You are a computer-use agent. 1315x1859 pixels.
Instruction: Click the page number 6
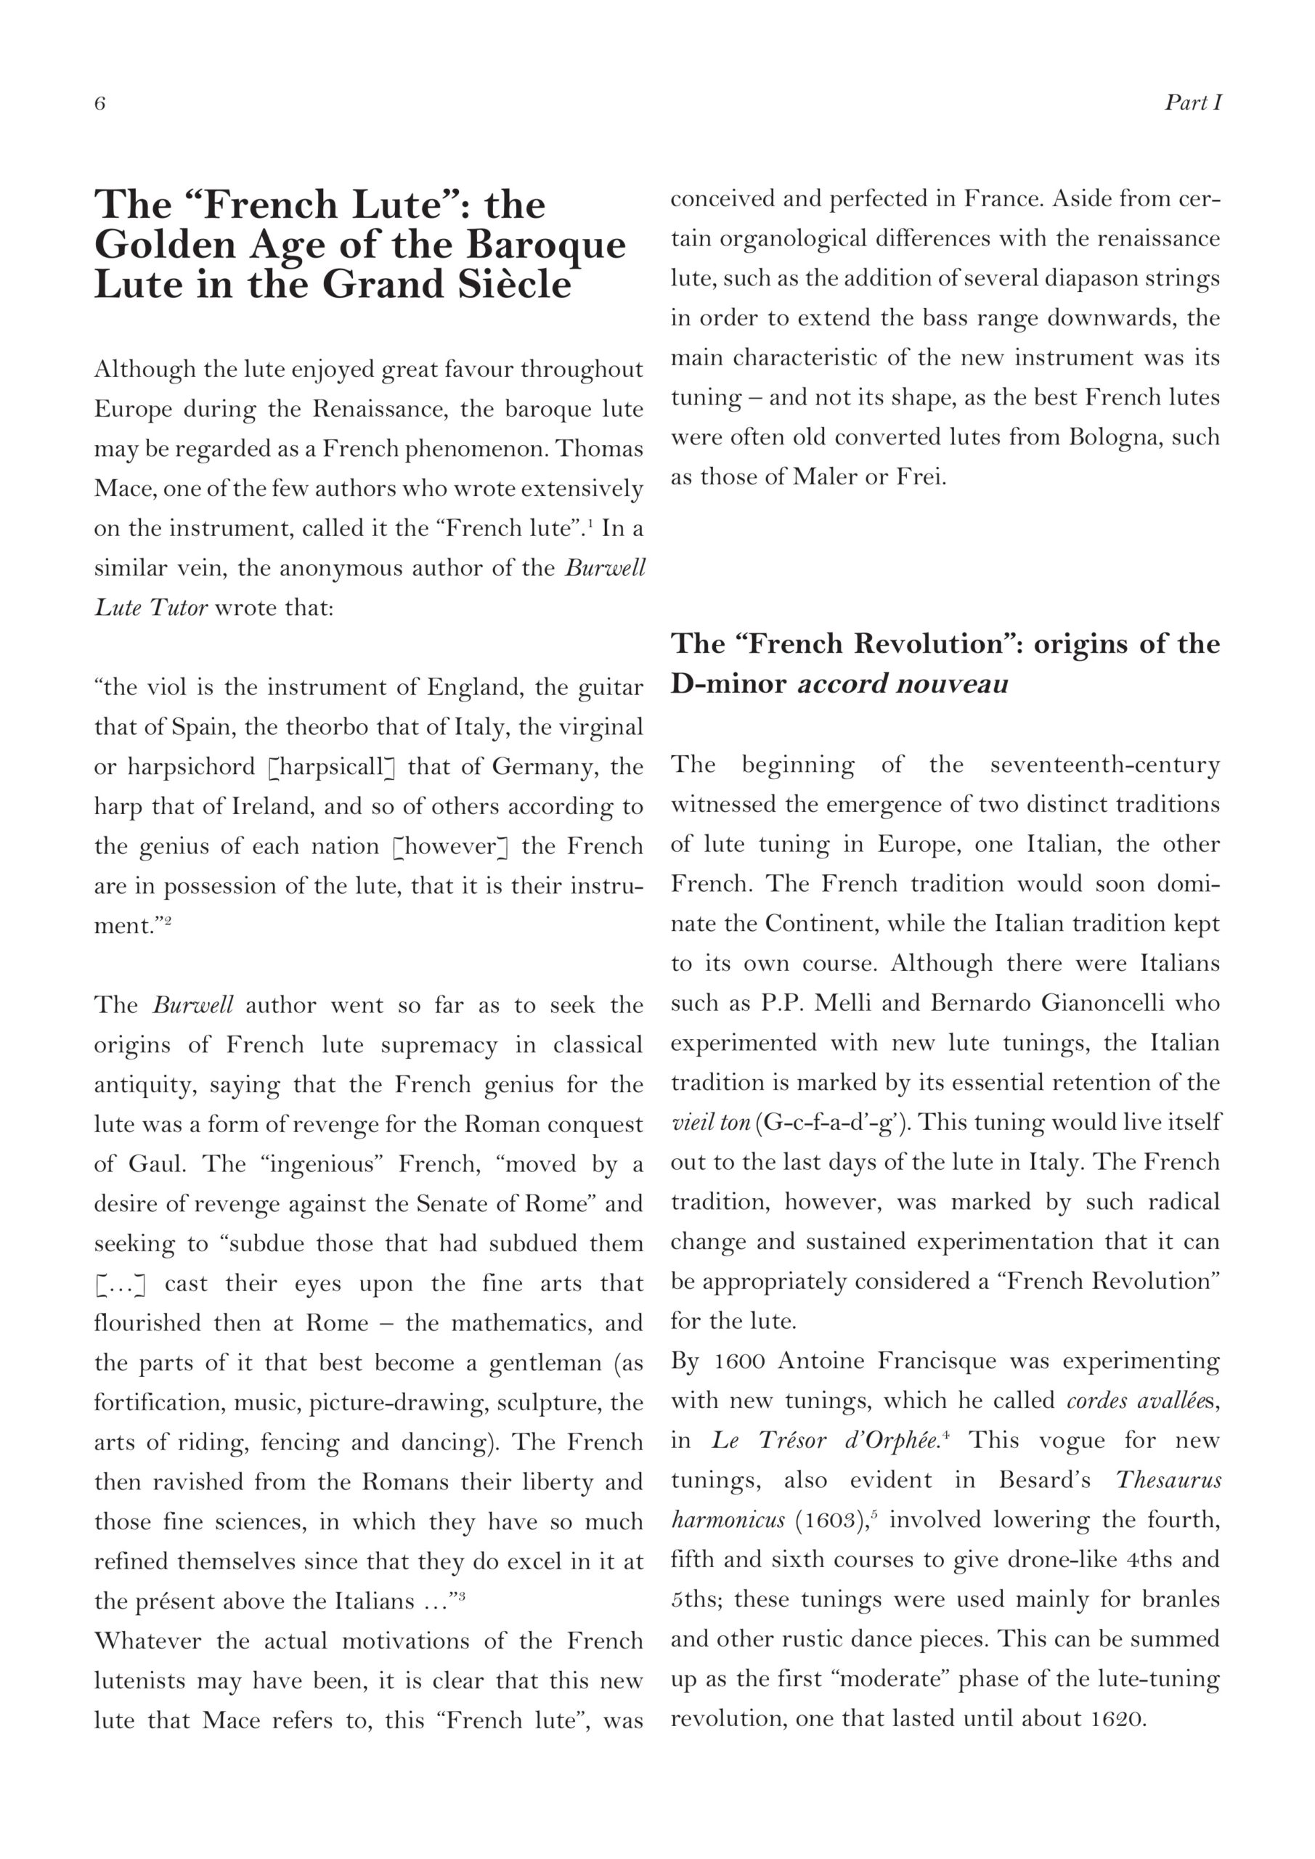pos(99,104)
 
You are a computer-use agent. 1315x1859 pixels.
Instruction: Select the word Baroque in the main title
pos(547,245)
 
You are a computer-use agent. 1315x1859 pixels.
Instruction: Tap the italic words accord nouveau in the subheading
pos(903,684)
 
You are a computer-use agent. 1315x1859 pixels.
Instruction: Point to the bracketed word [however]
pos(449,846)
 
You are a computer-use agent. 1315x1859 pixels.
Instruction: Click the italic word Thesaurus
pos(1168,1480)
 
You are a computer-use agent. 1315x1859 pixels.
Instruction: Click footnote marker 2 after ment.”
pos(168,921)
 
